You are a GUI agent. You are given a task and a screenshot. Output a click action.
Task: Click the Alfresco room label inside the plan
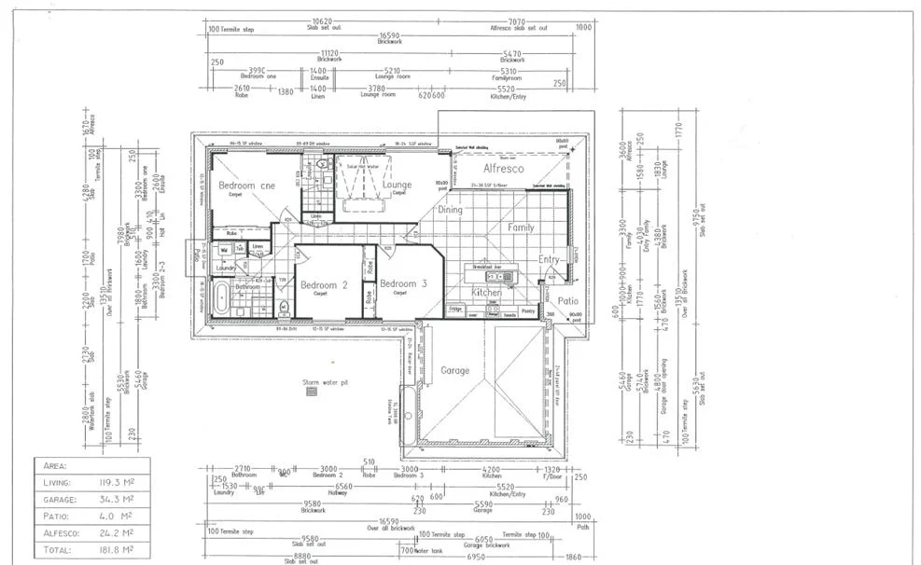503,169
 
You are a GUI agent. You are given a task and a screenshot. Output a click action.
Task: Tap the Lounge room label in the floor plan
397,185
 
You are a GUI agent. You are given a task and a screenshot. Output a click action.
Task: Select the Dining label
450,211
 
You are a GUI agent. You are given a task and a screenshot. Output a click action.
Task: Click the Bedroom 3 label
403,283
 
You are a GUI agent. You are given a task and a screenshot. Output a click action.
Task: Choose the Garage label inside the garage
454,370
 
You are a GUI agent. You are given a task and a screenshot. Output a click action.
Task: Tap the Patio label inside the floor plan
568,301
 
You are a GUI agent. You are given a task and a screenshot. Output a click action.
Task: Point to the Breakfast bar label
486,266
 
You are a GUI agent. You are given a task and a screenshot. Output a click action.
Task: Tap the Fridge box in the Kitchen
456,309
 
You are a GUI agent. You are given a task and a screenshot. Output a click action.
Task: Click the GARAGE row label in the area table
60,499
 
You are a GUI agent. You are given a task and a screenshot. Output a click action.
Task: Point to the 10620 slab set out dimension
322,21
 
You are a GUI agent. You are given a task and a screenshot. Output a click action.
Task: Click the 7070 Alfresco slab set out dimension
515,21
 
